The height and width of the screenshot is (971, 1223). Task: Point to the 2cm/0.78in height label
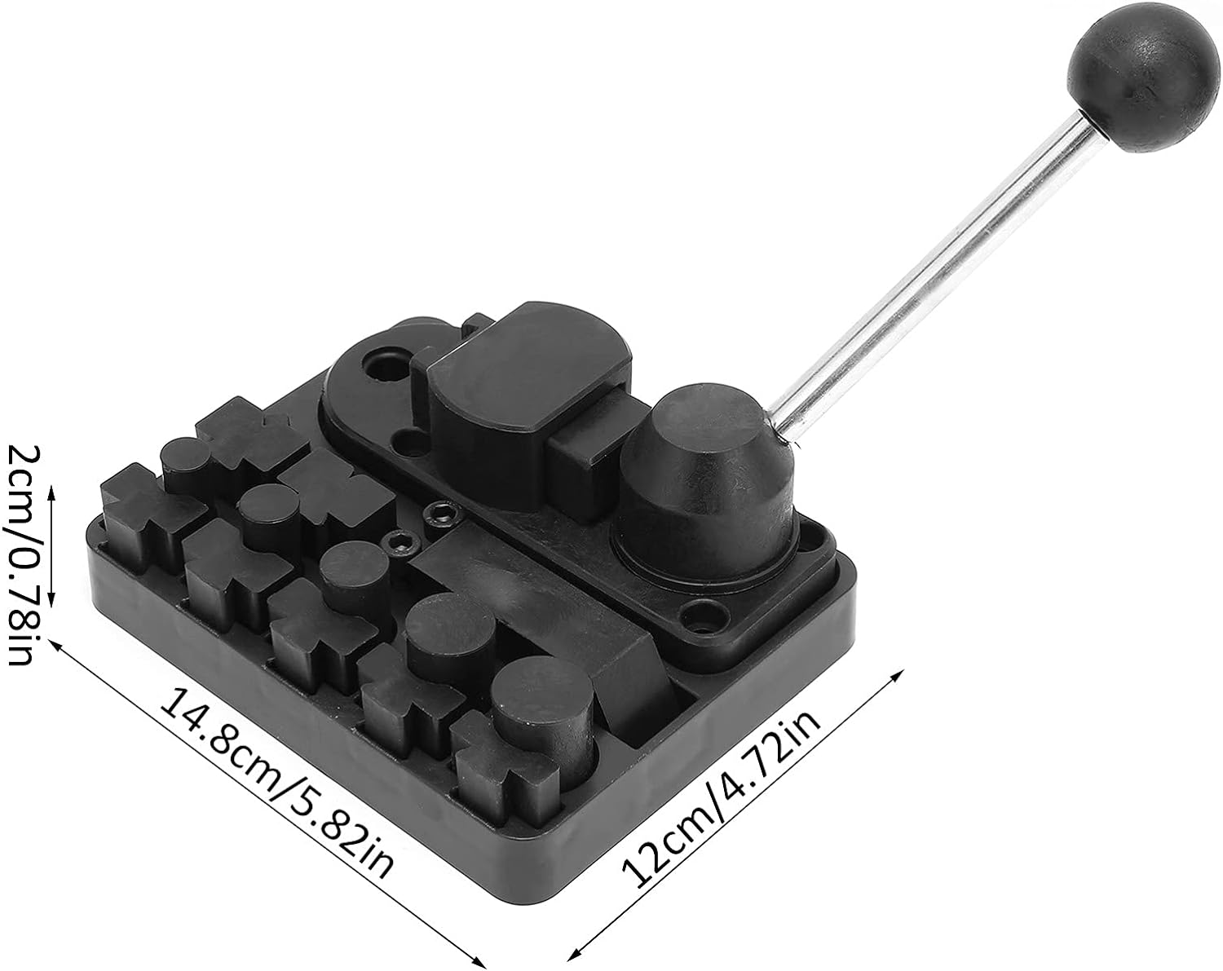point(21,554)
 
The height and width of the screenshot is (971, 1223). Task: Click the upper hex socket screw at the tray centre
point(440,514)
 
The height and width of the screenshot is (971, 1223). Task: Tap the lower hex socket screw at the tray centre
point(400,541)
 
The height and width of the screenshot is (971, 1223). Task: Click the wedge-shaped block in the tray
point(628,669)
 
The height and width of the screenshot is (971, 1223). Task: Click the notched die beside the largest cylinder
point(497,762)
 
